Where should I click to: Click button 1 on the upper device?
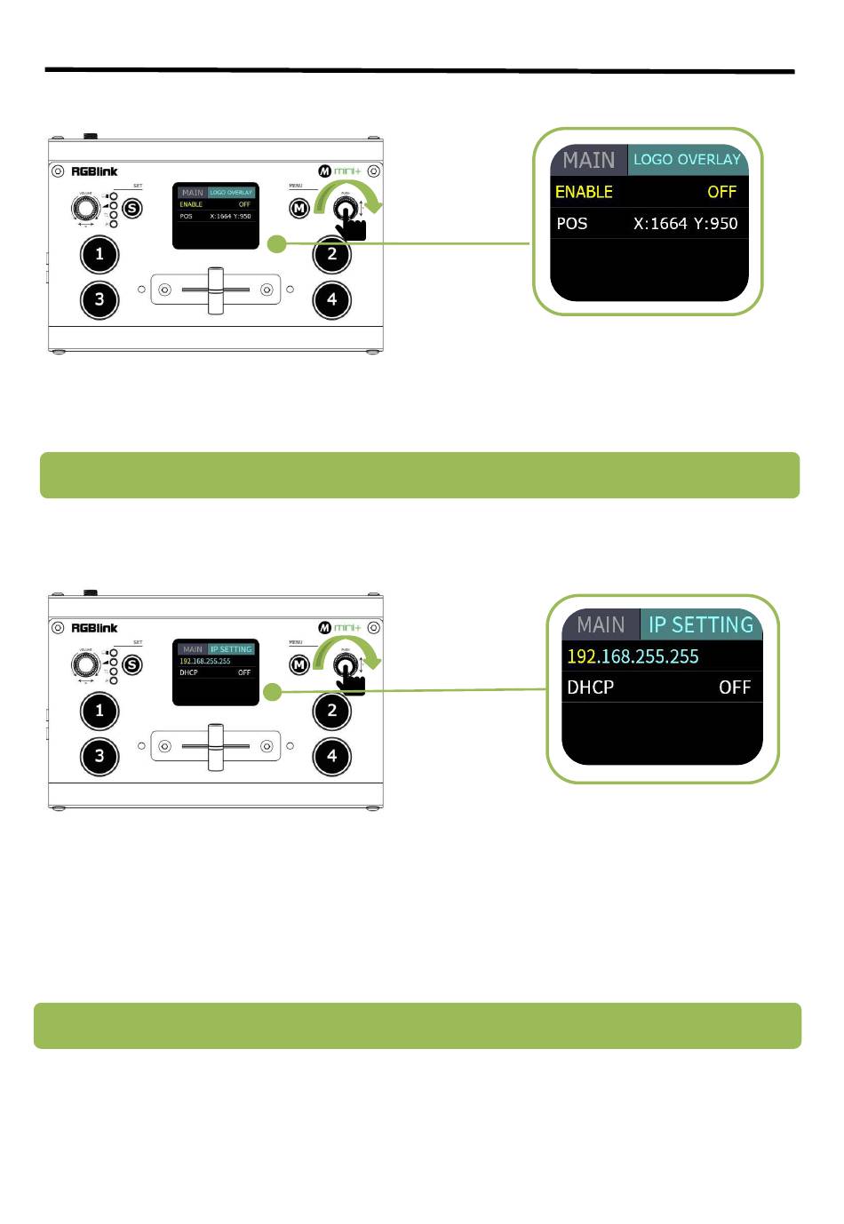coord(100,255)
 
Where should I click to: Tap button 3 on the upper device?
coord(100,299)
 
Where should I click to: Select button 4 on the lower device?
coord(332,756)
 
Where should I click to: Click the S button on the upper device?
coord(132,209)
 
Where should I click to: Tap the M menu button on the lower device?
coord(299,664)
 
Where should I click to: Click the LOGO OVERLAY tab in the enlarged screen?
coord(687,160)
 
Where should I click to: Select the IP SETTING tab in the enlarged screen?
coord(700,625)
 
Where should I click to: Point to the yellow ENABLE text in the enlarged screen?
coord(584,192)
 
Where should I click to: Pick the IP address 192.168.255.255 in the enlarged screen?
coord(633,656)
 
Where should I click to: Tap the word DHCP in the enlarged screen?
coord(590,688)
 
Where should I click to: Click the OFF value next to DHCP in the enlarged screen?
coord(735,688)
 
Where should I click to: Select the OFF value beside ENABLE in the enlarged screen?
coord(721,192)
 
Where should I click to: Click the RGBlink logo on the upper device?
coord(94,171)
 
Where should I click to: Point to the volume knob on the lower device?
coord(85,664)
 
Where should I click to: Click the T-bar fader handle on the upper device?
coord(215,290)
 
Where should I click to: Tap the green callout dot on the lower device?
coord(273,692)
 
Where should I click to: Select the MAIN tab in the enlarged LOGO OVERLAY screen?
coord(588,160)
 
